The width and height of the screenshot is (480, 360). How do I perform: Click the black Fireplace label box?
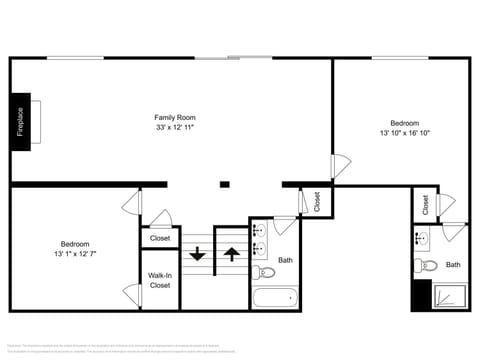pyautogui.click(x=20, y=121)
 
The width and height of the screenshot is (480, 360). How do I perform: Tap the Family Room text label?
pyautogui.click(x=174, y=117)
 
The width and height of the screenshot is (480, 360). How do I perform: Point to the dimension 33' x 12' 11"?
pyautogui.click(x=174, y=128)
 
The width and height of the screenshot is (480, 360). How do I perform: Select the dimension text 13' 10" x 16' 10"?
pyautogui.click(x=404, y=132)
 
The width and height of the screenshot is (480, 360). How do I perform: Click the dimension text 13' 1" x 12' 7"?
pyautogui.click(x=75, y=254)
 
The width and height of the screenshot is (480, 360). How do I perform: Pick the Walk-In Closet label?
pyautogui.click(x=160, y=280)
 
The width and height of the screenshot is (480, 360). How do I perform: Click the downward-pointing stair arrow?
pyautogui.click(x=197, y=254)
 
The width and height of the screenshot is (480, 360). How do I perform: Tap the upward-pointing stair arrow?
pyautogui.click(x=231, y=254)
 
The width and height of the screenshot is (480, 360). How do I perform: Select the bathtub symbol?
pyautogui.click(x=275, y=298)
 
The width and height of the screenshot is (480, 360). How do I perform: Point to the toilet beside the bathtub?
pyautogui.click(x=265, y=271)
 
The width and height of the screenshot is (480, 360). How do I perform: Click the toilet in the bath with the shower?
pyautogui.click(x=425, y=266)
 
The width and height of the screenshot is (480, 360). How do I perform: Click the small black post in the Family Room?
pyautogui.click(x=225, y=184)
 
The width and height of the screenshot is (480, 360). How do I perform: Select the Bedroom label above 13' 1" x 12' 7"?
pyautogui.click(x=75, y=244)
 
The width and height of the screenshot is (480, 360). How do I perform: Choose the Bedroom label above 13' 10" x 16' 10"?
pyautogui.click(x=404, y=122)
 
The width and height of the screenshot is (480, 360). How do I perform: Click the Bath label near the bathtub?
pyautogui.click(x=286, y=260)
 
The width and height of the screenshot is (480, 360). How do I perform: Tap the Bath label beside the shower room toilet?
pyautogui.click(x=453, y=265)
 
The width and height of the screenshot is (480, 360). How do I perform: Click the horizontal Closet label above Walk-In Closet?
pyautogui.click(x=160, y=238)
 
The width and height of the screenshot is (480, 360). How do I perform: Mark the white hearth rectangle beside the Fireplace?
pyautogui.click(x=36, y=121)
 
